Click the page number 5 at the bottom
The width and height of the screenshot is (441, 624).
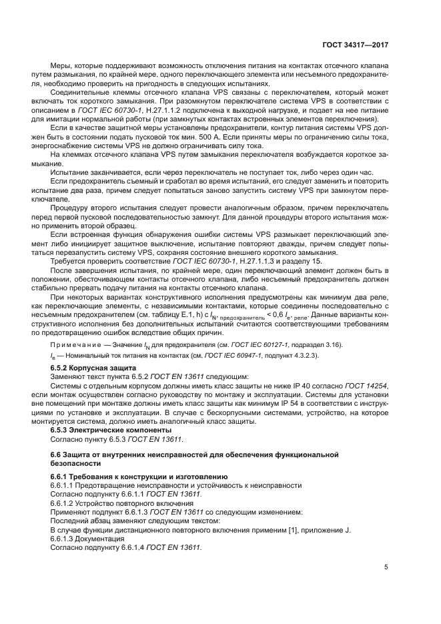pos(386,567)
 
